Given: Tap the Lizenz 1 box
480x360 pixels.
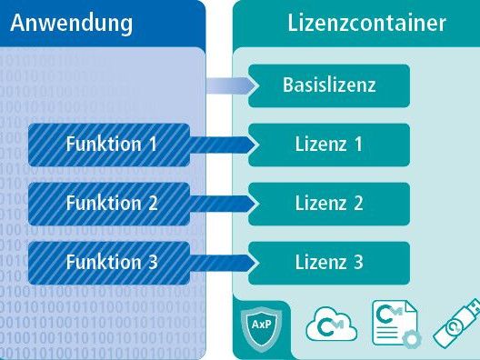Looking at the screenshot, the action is [x=329, y=145].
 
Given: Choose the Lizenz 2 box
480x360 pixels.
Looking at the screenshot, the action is [x=329, y=204].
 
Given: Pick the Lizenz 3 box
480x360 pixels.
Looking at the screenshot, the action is [x=329, y=263].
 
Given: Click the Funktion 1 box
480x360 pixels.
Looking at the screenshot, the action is [x=110, y=145].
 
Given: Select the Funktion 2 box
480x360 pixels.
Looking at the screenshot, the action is [x=110, y=204].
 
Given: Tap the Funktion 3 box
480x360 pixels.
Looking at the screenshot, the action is [x=110, y=263].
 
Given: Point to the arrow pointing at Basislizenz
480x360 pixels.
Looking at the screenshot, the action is [x=229, y=86].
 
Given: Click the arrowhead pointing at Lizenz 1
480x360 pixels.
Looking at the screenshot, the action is [x=246, y=145].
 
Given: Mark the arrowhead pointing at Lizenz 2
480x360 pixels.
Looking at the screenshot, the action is [x=246, y=204].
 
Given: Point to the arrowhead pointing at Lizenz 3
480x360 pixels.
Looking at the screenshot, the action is [x=246, y=263].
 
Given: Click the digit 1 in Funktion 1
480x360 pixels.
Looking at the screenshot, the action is [x=152, y=145].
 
